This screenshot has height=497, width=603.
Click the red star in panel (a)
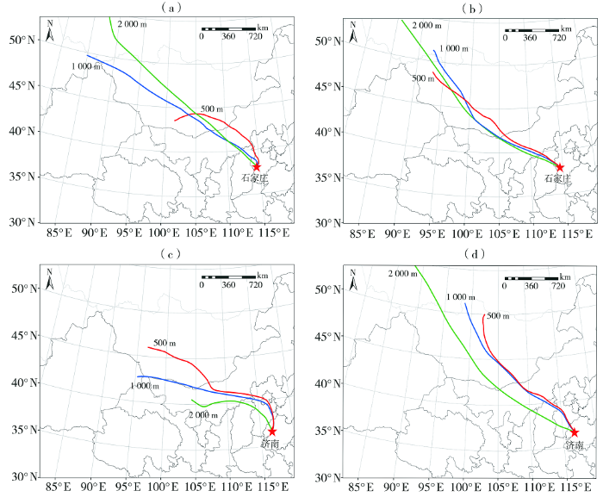tap(257, 166)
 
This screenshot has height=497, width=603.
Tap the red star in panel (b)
tap(559, 167)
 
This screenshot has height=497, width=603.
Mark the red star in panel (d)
tap(575, 432)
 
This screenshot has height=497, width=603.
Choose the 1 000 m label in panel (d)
tap(462, 297)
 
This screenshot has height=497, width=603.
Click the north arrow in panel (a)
tap(51, 34)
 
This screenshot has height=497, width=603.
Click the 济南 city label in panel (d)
tap(575, 445)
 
